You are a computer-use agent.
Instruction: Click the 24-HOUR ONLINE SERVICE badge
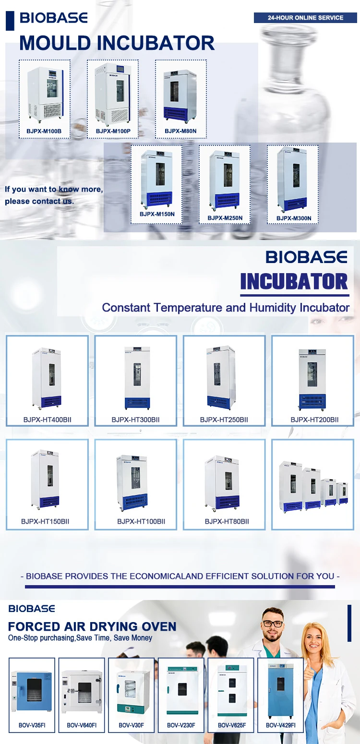[x=305, y=18]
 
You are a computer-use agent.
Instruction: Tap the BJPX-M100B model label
[x=44, y=131]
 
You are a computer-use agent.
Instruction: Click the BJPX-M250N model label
[x=225, y=218]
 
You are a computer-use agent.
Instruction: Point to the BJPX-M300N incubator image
[x=293, y=180]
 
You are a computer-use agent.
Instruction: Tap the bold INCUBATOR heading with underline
[x=294, y=281]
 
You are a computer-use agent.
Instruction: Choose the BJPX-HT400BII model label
[x=47, y=420]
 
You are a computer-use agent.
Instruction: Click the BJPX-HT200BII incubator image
[x=312, y=379]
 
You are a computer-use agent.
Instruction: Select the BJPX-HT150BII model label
[x=45, y=521]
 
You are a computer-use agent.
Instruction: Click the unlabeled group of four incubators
[x=312, y=485]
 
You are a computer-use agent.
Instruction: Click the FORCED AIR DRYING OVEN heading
[x=92, y=626]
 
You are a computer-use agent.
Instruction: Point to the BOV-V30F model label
[x=131, y=725]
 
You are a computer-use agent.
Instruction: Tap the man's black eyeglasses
[x=272, y=624]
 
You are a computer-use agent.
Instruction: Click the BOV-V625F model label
[x=232, y=725]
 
